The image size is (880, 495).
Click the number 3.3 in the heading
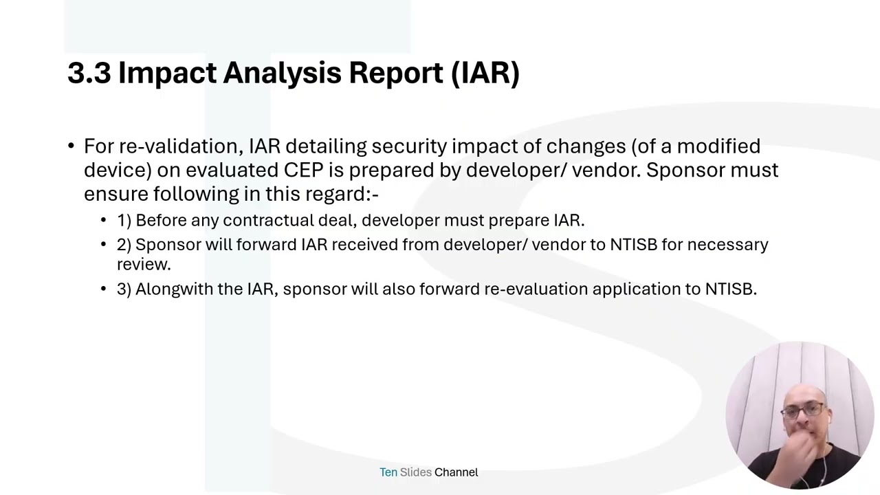[x=89, y=73]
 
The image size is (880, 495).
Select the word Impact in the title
[x=167, y=74]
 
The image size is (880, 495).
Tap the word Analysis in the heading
[x=282, y=74]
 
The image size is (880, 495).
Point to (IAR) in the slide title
[x=485, y=74]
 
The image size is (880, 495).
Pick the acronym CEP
[x=303, y=170]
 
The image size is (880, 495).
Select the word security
[x=409, y=147]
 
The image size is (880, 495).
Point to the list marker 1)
[x=124, y=221]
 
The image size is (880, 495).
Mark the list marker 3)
[x=124, y=289]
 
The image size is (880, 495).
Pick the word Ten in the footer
[x=388, y=472]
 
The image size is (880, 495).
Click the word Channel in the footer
[x=456, y=472]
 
